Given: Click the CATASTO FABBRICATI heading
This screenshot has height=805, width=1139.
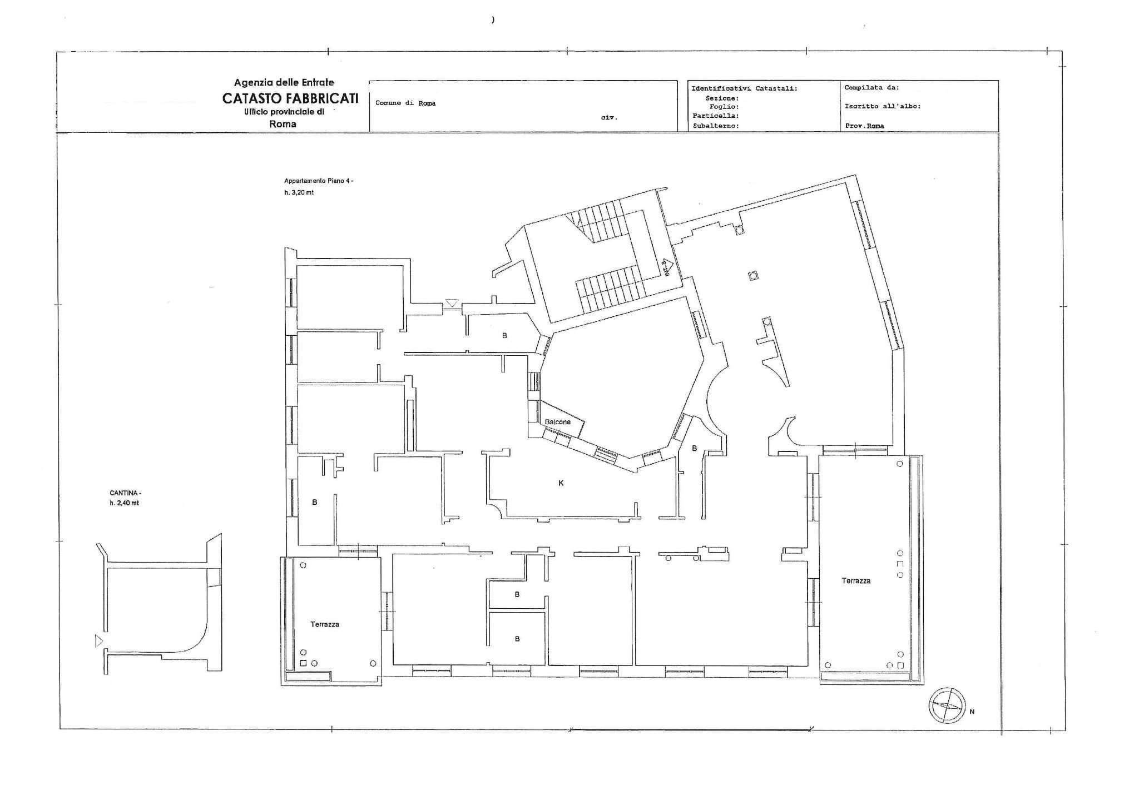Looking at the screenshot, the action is tap(290, 98).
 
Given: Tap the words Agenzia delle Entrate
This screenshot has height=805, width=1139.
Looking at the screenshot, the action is tap(284, 83).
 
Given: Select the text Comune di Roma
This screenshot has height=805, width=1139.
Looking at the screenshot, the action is tap(405, 103).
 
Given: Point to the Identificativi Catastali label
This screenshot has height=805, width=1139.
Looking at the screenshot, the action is tap(744, 88).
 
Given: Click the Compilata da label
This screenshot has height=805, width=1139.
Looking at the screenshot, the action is tap(871, 87).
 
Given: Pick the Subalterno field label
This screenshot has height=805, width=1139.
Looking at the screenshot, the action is tap(716, 126).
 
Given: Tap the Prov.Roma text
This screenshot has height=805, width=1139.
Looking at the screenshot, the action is tap(864, 126).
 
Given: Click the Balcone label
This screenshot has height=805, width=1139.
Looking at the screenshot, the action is tap(557, 422).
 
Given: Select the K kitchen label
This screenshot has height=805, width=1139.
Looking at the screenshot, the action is tap(561, 483).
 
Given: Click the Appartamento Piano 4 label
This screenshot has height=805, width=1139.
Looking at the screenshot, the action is tap(318, 181).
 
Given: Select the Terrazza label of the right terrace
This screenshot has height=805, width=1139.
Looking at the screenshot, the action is tap(856, 581).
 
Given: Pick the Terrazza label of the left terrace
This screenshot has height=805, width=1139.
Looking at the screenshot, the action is tap(325, 624).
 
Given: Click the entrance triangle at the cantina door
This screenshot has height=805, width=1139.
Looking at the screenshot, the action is tap(99, 641).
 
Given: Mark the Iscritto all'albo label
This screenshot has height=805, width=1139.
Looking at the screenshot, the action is tap(883, 106).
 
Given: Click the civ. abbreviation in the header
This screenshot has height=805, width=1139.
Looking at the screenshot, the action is tap(609, 118).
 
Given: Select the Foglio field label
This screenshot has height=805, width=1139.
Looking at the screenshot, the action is tap(724, 106).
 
